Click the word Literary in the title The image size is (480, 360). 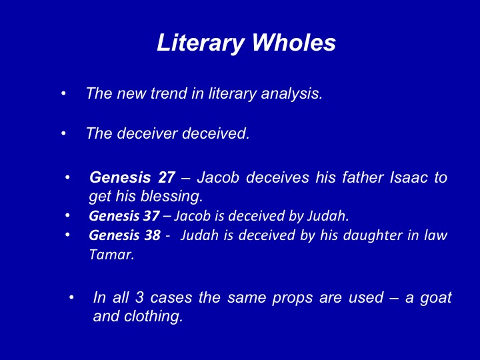click(200, 43)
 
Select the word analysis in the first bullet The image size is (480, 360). click(292, 94)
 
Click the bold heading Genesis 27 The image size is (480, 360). click(132, 177)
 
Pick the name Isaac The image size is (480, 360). click(409, 177)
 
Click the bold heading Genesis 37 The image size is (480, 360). click(124, 216)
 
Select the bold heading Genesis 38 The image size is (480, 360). click(125, 235)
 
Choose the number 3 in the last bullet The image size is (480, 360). click(139, 297)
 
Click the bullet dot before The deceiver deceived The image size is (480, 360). click(63, 133)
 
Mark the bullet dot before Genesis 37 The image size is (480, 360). click(67, 215)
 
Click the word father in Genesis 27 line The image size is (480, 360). click(363, 177)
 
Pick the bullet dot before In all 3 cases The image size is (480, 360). click(71, 297)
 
